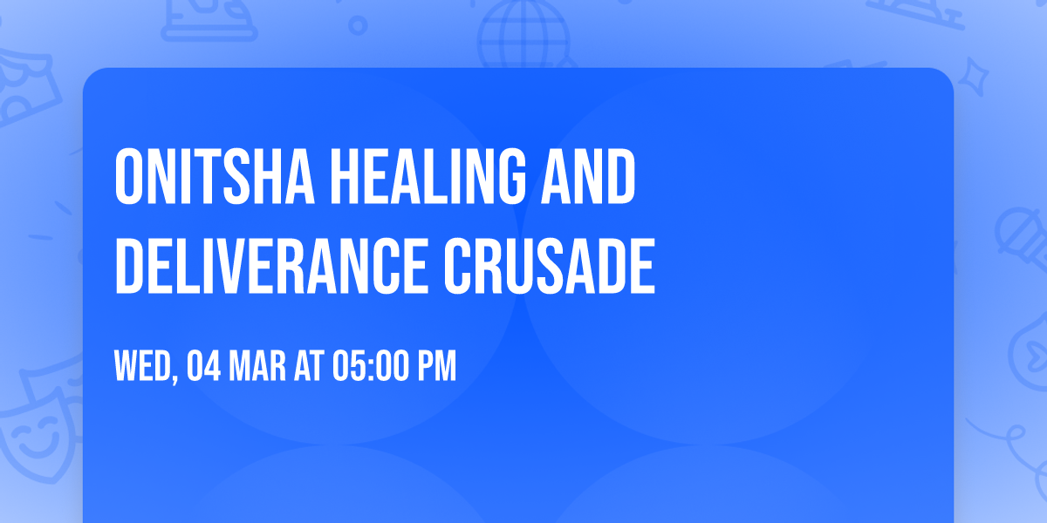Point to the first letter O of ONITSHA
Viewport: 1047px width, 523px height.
click(129, 178)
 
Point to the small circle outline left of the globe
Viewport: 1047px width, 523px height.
click(358, 25)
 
